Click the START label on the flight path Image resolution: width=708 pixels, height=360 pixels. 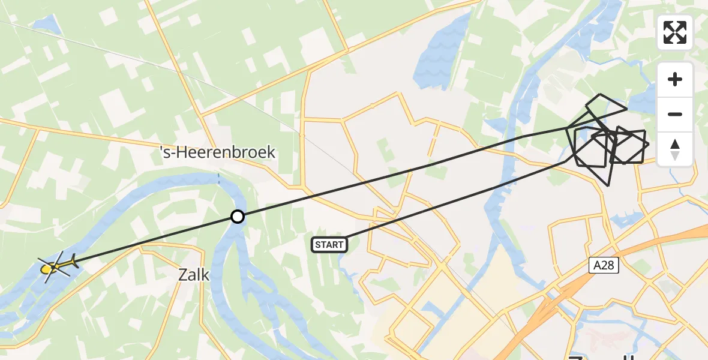click(329, 244)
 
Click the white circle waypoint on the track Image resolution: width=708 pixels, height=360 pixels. click(238, 217)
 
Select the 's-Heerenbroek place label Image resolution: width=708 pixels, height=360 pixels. click(218, 152)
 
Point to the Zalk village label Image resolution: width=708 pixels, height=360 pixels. click(194, 275)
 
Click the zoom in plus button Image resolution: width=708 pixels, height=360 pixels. click(675, 79)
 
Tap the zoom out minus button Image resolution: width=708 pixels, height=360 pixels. click(675, 114)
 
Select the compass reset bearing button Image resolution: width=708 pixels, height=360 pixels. click(675, 149)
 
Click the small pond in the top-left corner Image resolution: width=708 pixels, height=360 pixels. click(46, 25)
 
